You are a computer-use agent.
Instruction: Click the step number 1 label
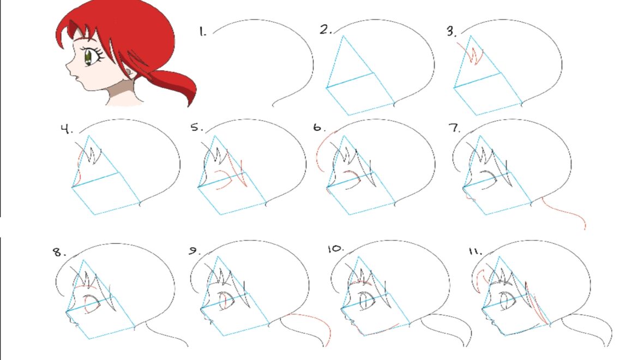tap(203, 32)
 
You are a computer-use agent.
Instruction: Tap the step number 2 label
tap(326, 29)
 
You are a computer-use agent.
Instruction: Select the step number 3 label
tap(452, 31)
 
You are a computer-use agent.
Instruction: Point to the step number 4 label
tap(67, 130)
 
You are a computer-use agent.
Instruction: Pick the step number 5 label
tap(197, 127)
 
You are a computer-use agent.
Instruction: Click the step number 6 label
tap(319, 127)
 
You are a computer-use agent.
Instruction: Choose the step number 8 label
tap(59, 252)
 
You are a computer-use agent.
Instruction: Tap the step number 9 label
tap(194, 251)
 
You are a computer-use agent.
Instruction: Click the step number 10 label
tap(336, 248)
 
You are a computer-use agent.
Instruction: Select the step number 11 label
tap(476, 251)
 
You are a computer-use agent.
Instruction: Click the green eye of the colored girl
tap(88, 57)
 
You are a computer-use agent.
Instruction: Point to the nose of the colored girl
tap(69, 65)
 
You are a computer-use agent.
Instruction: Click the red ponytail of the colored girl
tap(175, 86)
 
